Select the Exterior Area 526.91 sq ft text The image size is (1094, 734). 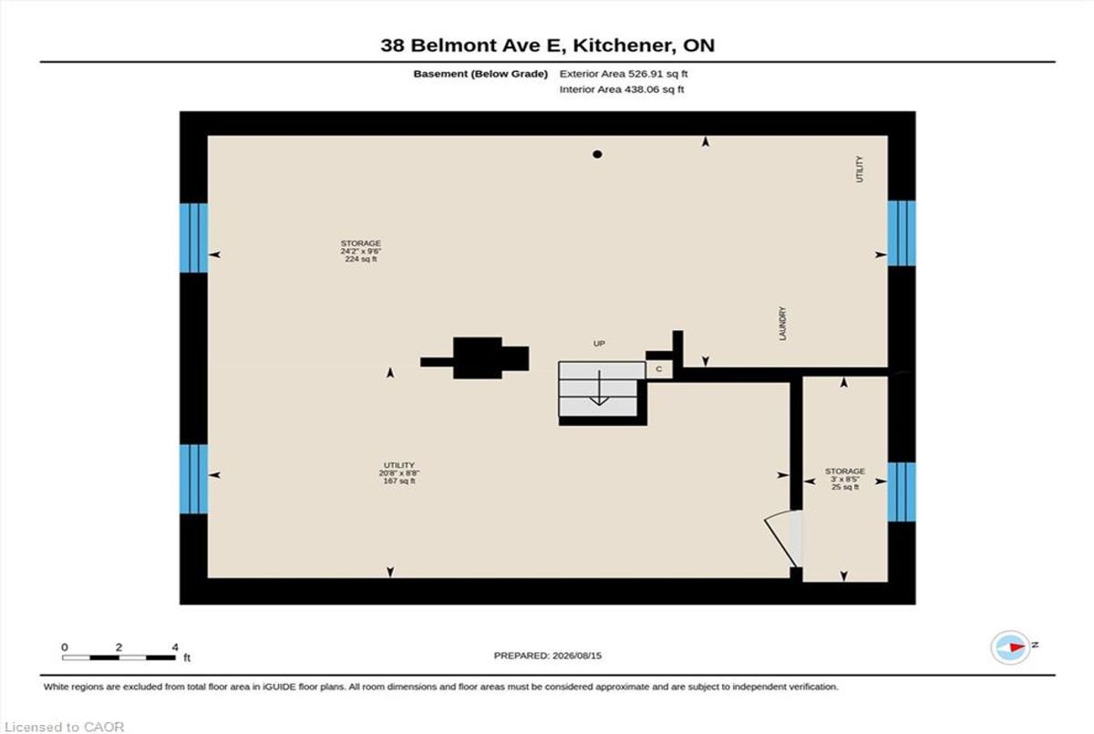(624, 74)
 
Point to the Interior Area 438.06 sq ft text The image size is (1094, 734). (621, 89)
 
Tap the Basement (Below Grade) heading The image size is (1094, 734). (480, 74)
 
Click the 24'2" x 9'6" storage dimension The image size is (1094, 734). (361, 251)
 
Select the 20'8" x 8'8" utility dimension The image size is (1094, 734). (399, 472)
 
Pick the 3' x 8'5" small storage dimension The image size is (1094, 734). (845, 479)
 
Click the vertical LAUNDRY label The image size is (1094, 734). (783, 324)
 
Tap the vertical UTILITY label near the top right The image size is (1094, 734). (860, 169)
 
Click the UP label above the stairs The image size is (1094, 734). (599, 344)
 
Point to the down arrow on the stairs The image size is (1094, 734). (599, 388)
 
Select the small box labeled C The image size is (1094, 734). (659, 369)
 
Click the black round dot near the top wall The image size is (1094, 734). (597, 154)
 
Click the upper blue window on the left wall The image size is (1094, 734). (194, 238)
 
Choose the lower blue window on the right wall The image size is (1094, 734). (902, 491)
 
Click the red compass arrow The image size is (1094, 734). (1017, 647)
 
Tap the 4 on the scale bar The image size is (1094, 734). (175, 647)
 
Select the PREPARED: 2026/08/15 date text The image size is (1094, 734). (548, 656)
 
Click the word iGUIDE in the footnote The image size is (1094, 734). (279, 687)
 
